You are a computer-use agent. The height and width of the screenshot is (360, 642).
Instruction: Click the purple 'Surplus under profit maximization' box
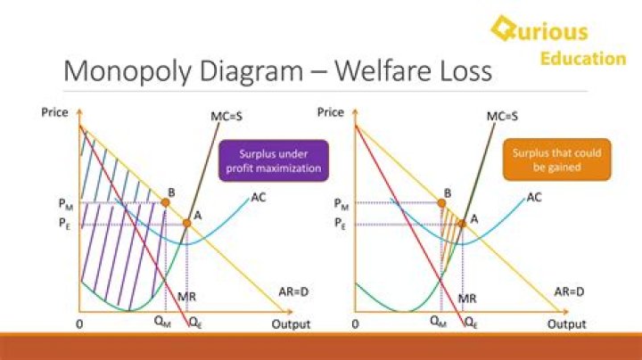tap(274, 160)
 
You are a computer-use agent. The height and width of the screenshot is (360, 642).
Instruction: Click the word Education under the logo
tap(583, 59)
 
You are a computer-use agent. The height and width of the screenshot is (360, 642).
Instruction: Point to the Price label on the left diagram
tap(55, 111)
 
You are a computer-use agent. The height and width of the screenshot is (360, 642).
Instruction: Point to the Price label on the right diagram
tap(330, 111)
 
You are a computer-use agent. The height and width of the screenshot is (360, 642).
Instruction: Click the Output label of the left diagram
tap(291, 324)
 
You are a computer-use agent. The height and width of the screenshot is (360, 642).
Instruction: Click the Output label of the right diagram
tap(566, 324)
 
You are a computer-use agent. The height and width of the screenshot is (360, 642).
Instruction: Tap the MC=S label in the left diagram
tap(227, 116)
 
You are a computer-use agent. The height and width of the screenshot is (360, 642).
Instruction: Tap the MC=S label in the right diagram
tap(502, 116)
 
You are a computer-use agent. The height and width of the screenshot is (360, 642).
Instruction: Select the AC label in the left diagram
tap(259, 197)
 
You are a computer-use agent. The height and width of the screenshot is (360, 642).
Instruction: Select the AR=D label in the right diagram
tap(569, 291)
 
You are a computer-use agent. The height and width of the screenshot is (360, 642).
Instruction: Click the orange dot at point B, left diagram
tap(165, 203)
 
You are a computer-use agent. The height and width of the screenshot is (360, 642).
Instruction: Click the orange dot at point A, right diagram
tap(462, 224)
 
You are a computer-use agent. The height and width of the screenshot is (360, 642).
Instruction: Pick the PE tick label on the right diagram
tap(341, 225)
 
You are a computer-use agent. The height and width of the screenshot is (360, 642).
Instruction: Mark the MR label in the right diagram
tap(466, 299)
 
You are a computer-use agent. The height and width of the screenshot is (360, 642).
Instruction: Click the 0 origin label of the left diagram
tap(79, 324)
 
